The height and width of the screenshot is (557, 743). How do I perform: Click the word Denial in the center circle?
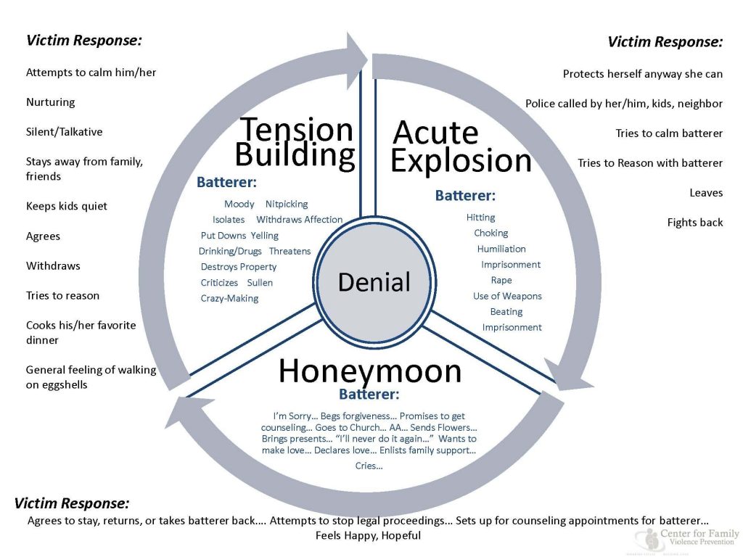click(374, 281)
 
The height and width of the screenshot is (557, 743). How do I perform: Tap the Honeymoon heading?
click(370, 371)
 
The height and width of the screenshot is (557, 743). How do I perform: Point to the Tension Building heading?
click(296, 141)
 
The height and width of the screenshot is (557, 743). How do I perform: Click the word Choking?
click(491, 233)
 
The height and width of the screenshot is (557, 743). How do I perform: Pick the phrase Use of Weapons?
click(507, 296)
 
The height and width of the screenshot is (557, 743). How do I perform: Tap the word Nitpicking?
click(287, 204)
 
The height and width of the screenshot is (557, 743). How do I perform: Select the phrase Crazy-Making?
click(229, 298)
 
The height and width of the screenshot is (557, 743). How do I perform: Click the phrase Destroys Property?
click(239, 267)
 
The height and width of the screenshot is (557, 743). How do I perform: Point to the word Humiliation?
click(501, 249)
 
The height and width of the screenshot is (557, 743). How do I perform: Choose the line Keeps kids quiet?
click(67, 206)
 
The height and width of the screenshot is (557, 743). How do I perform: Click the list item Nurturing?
click(51, 102)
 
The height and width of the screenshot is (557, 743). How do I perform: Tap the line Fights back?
click(695, 223)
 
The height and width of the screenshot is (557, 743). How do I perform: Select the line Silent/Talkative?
click(65, 132)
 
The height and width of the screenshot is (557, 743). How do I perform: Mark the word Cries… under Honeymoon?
click(369, 466)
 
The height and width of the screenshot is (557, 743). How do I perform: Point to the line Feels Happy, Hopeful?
click(368, 536)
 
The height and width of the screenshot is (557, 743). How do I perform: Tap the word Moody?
click(239, 204)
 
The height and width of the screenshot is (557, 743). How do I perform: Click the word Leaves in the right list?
click(706, 193)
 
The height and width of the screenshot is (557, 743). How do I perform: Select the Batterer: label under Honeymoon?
click(369, 395)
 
